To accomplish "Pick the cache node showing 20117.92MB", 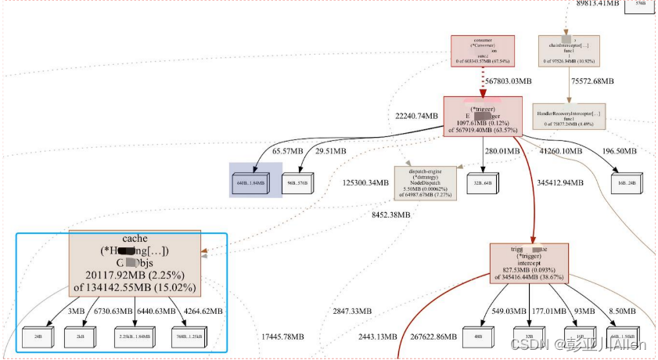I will (135, 265).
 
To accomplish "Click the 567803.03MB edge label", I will (508, 81).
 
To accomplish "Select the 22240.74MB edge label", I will (416, 115).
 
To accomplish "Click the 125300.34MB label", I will (365, 183).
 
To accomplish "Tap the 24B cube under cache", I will (37, 337).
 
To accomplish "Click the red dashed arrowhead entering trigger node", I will (484, 92).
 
